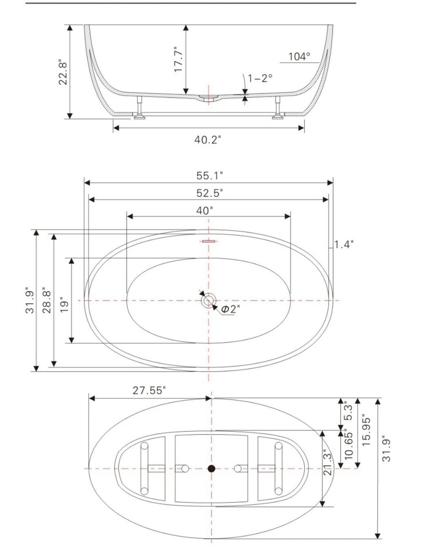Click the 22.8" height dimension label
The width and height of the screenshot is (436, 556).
(62, 72)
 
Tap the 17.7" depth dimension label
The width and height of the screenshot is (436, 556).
(179, 59)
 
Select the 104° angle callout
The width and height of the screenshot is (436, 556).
(299, 57)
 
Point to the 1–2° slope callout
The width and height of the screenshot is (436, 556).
(260, 78)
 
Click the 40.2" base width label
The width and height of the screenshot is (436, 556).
(207, 140)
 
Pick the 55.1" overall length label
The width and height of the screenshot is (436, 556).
(210, 176)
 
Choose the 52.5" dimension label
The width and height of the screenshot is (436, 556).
(210, 193)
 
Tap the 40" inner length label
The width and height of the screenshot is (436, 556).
(205, 211)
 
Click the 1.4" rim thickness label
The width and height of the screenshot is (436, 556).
(344, 244)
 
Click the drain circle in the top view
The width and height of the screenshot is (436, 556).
(208, 301)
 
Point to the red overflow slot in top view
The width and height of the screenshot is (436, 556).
(208, 241)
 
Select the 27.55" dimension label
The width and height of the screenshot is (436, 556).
(149, 391)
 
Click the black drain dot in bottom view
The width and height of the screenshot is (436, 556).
(211, 469)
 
